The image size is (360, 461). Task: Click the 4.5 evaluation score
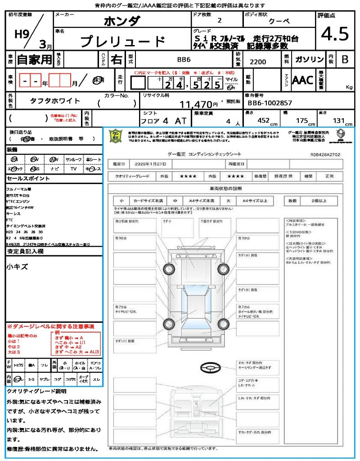click(335, 34)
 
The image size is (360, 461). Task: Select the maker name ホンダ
click(122, 21)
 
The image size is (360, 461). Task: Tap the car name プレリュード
click(123, 41)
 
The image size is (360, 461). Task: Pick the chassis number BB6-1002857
click(270, 103)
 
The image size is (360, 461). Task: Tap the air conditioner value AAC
click(302, 80)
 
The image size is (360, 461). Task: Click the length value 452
click(263, 120)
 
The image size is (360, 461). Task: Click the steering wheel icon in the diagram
click(210, 368)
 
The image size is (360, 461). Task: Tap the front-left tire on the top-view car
click(169, 269)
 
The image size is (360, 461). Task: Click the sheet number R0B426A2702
click(325, 154)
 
